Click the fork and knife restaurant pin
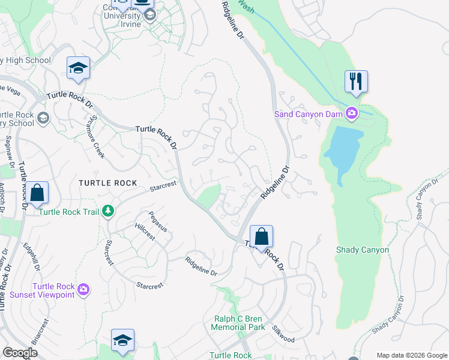pyautogui.click(x=356, y=81)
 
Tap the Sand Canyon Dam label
pyautogui.click(x=308, y=113)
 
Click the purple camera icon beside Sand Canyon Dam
pyautogui.click(x=351, y=113)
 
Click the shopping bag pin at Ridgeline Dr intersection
pyautogui.click(x=261, y=236)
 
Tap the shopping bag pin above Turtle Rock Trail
pyautogui.click(x=37, y=193)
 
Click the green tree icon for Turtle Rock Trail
pyautogui.click(x=108, y=211)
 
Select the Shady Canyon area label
pyautogui.click(x=363, y=250)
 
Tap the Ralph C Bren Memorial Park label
pyautogui.click(x=238, y=323)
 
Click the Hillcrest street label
pyautogui.click(x=145, y=233)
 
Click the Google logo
pyautogui.click(x=20, y=353)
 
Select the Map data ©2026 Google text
pyautogui.click(x=411, y=355)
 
